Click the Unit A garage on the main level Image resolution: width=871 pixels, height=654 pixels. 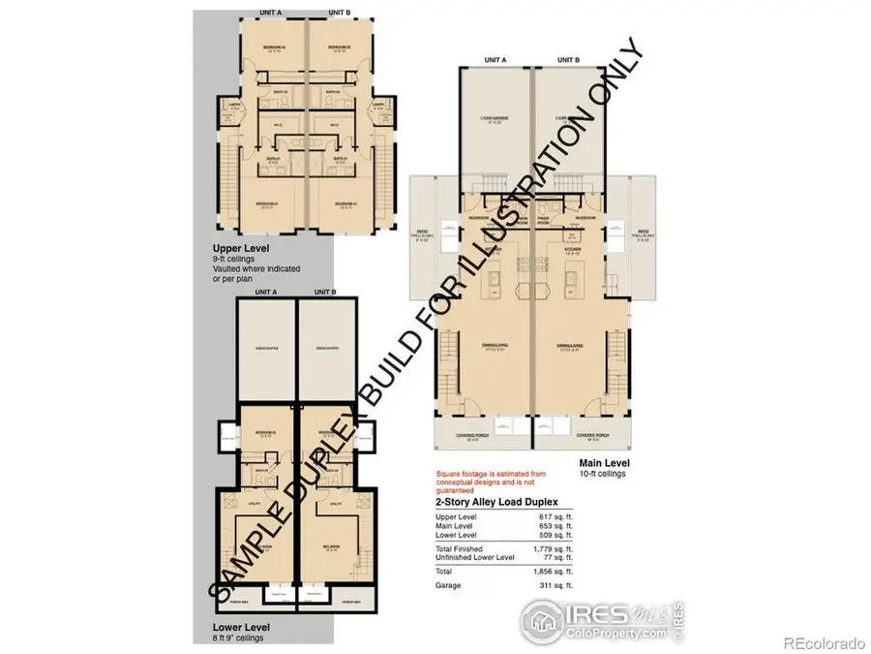[x=494, y=121]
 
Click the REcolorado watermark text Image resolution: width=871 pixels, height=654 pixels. [x=823, y=641]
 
